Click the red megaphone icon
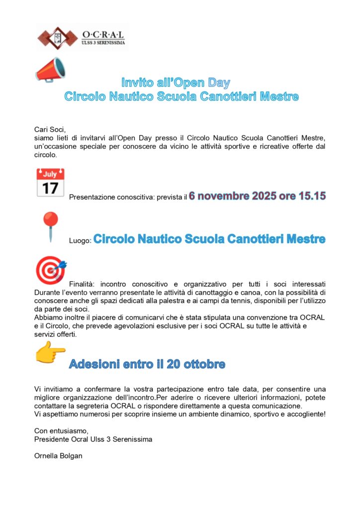pyautogui.click(x=50, y=70)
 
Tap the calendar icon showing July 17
pyautogui.click(x=50, y=182)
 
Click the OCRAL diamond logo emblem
pyautogui.click(x=59, y=37)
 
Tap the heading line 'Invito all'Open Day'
pyautogui.click(x=176, y=83)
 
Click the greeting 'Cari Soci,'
pyautogui.click(x=50, y=129)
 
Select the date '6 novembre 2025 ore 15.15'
pyautogui.click(x=257, y=196)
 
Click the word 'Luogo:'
pyautogui.click(x=80, y=241)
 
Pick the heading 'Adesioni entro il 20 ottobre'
pyautogui.click(x=147, y=364)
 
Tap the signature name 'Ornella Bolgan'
pyautogui.click(x=58, y=455)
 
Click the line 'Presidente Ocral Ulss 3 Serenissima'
pyautogui.click(x=93, y=439)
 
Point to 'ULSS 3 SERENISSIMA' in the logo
pyautogui.click(x=103, y=43)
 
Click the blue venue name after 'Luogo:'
pyautogui.click(x=209, y=239)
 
